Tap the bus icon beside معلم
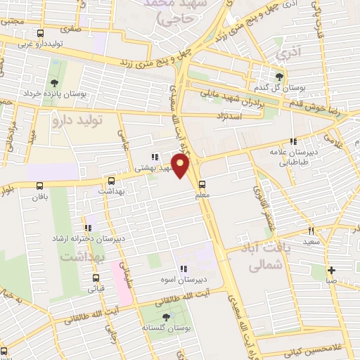(202, 186)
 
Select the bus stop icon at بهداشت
(111, 181)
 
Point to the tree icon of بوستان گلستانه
(166, 317)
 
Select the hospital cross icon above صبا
(332, 269)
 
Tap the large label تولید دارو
(77, 121)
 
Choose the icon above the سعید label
(310, 230)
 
